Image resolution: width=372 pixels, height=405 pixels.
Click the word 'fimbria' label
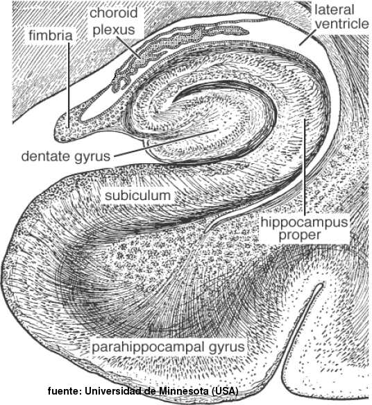[x=51, y=35]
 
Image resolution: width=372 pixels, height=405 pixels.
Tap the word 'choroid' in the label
[x=114, y=13]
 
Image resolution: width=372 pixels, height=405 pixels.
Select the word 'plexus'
[x=114, y=30]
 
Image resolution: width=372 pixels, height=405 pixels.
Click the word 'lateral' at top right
[x=335, y=10]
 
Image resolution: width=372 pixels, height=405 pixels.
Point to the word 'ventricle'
[x=342, y=24]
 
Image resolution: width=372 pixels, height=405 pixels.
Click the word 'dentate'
[x=46, y=156]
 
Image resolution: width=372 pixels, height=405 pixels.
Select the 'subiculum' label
[x=137, y=195]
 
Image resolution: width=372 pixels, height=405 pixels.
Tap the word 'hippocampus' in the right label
[x=304, y=222]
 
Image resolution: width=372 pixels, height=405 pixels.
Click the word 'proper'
[x=300, y=235]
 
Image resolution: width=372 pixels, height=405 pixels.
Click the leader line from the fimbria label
[x=69, y=85]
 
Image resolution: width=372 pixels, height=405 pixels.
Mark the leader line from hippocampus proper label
[x=305, y=166]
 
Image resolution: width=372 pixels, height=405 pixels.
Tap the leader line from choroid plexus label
[x=128, y=47]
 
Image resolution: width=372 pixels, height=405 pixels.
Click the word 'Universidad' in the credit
[x=115, y=390]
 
